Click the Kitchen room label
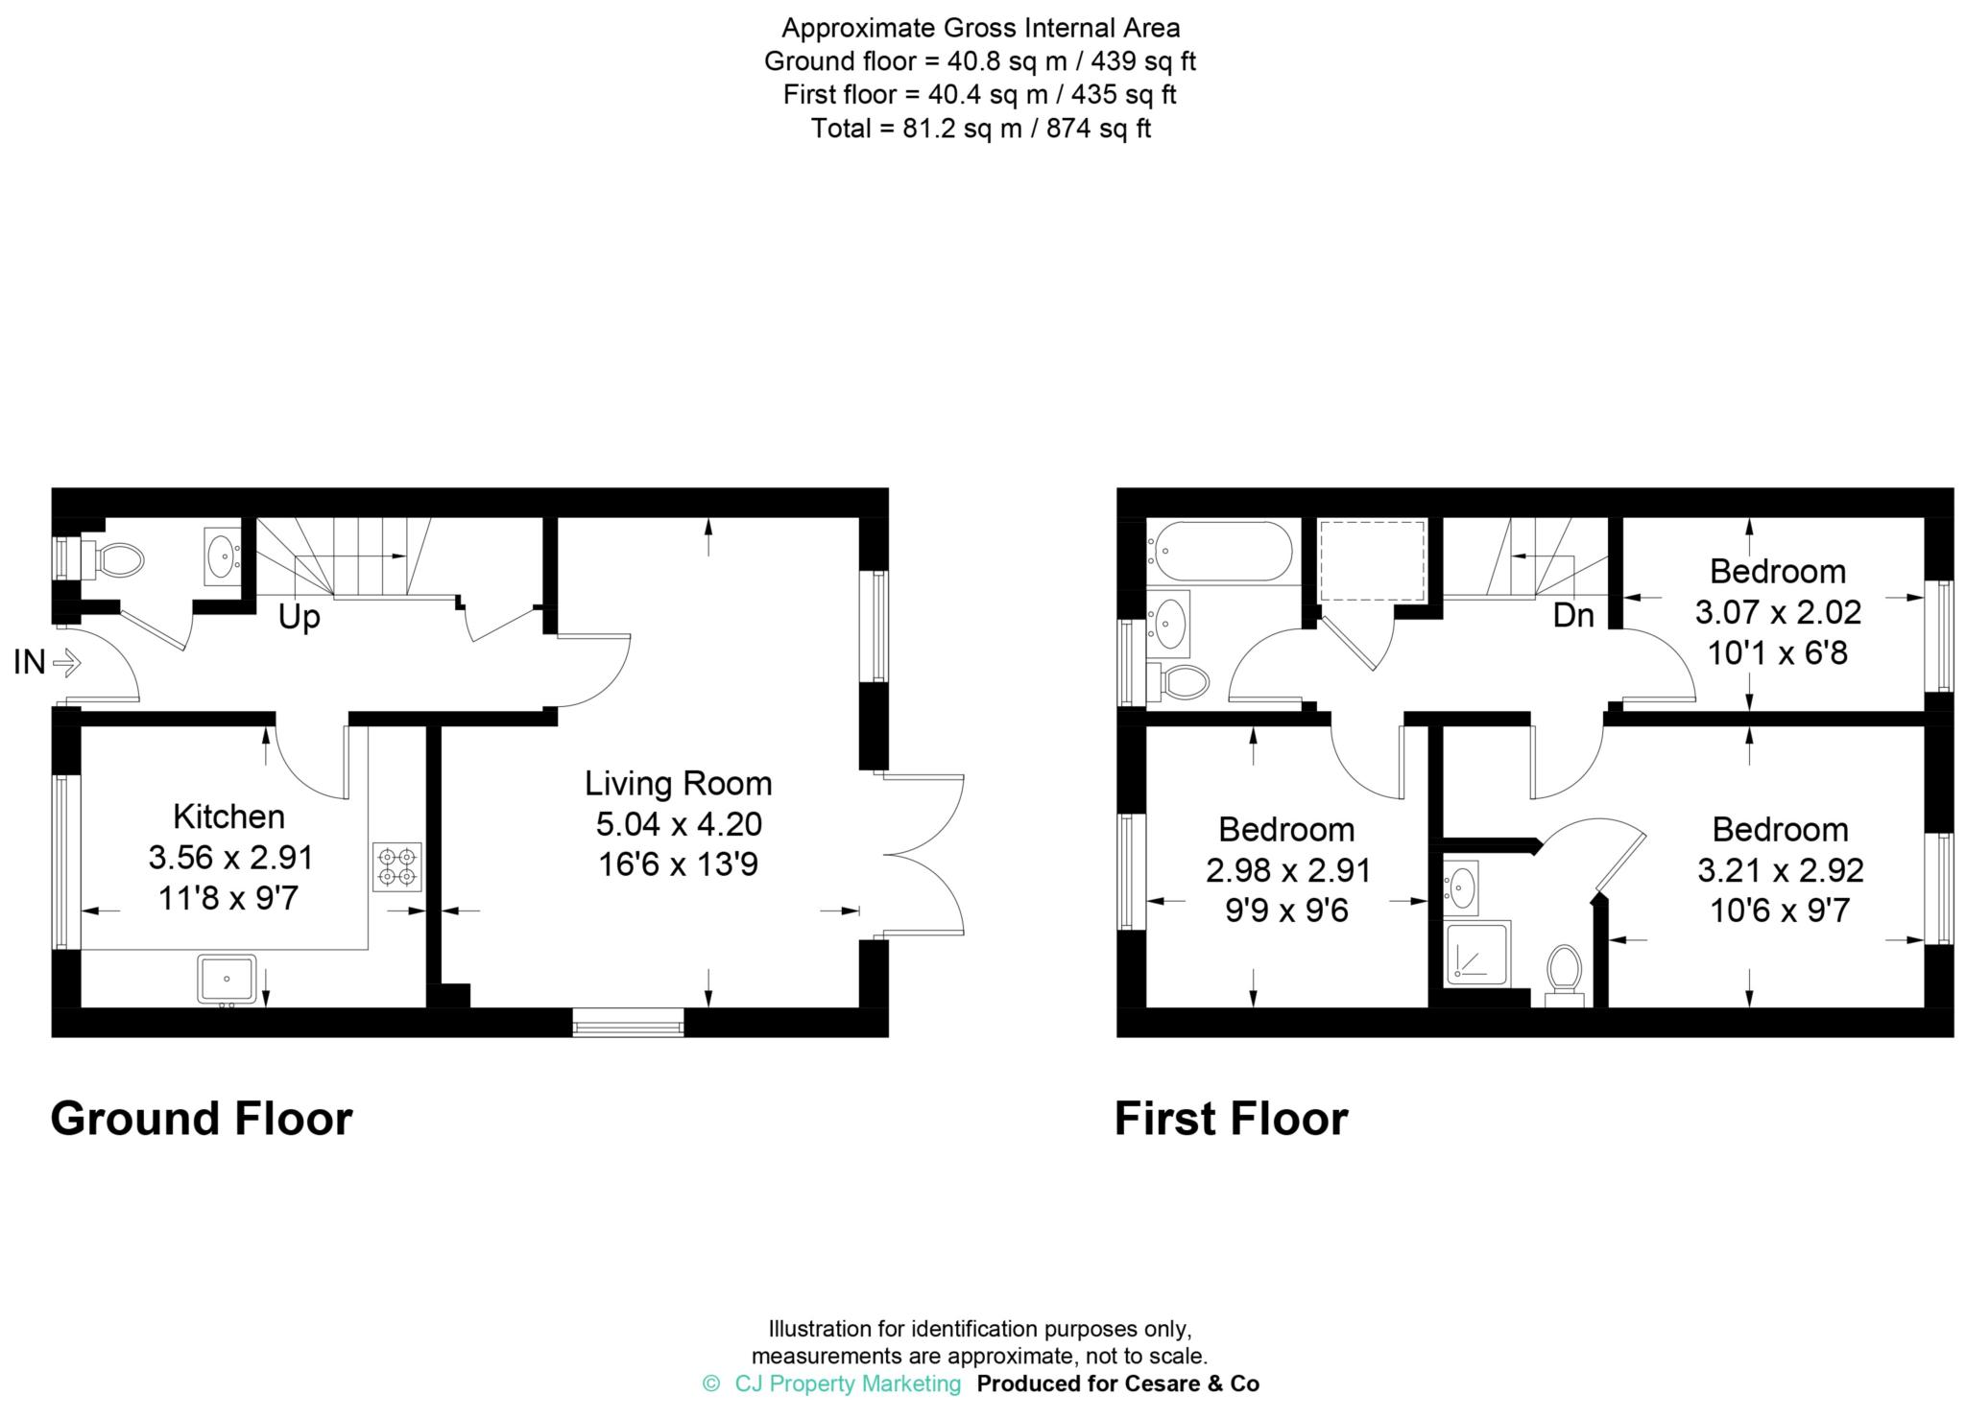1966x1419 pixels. point(228,816)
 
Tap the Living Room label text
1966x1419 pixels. point(678,784)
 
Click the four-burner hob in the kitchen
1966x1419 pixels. point(396,866)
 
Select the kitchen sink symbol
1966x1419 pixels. point(227,978)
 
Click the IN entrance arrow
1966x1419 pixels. point(66,662)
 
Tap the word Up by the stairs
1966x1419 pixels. point(299,617)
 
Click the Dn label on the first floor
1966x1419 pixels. point(1572,615)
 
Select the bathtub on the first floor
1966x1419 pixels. point(1219,552)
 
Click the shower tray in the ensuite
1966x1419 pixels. point(1477,953)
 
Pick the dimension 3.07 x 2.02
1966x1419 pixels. point(1778,612)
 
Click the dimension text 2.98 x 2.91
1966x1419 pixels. point(1287,870)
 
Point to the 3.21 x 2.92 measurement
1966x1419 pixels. point(1780,870)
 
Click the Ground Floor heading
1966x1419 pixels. point(202,1119)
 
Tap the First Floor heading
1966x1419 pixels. point(1231,1119)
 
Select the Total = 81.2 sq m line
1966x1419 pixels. point(980,128)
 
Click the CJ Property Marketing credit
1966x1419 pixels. point(847,1384)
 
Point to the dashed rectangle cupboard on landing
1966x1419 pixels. point(1372,561)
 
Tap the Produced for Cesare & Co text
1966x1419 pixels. point(1117,1384)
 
